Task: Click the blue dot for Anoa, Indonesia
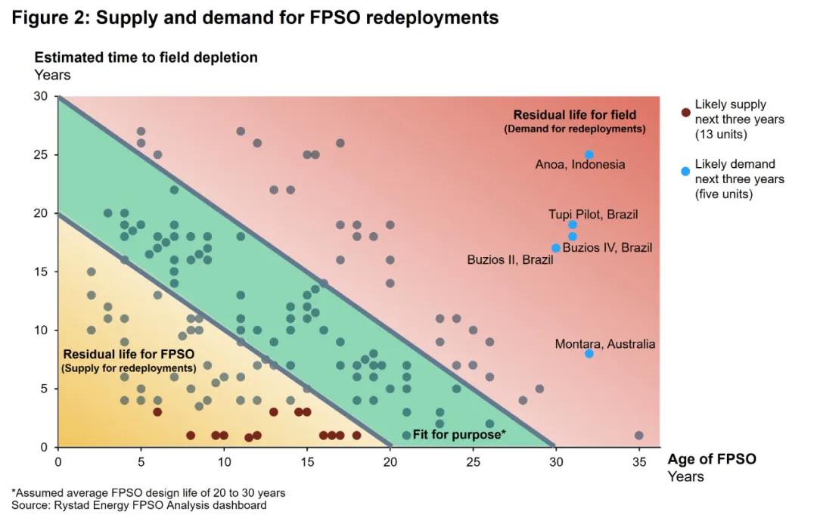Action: [x=589, y=154]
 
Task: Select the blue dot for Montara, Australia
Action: [x=589, y=353]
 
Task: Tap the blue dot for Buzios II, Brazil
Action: [x=556, y=248]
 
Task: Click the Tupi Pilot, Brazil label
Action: [x=593, y=214]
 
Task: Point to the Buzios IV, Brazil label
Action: [x=607, y=247]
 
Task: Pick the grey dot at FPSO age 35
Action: [x=639, y=436]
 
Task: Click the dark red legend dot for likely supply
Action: [x=685, y=113]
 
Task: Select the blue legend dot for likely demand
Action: [x=685, y=172]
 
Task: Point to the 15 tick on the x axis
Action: [x=307, y=460]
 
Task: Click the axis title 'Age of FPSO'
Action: [x=711, y=459]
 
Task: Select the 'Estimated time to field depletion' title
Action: [x=146, y=57]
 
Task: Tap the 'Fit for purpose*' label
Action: [x=458, y=435]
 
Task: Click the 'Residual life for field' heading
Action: [x=575, y=115]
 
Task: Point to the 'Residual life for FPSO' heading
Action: [x=128, y=354]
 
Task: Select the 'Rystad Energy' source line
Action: [x=138, y=505]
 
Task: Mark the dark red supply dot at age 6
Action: [x=157, y=412]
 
